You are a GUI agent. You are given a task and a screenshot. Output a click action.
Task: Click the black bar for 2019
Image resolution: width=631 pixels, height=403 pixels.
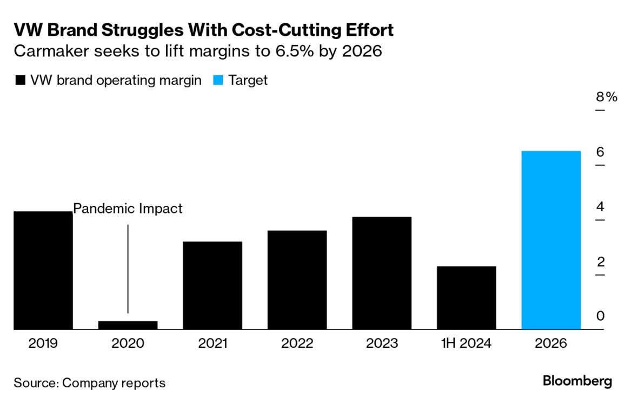coord(43,270)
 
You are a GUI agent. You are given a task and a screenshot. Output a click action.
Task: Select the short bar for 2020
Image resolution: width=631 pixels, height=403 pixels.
coord(128,325)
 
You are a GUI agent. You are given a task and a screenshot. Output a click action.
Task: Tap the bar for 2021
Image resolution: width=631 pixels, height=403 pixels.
coord(212,285)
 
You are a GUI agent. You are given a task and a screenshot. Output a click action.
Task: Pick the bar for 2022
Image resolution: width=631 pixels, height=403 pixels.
coord(297,280)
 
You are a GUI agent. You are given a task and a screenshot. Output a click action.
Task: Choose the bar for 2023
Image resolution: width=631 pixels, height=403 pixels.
coord(382,273)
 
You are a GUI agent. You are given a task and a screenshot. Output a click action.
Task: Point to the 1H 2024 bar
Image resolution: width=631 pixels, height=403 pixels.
coord(466,298)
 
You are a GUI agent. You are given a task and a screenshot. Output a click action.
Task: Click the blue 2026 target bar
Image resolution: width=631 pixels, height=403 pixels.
coord(551,240)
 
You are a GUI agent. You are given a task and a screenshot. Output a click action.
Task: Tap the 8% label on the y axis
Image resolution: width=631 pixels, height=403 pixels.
coord(606,97)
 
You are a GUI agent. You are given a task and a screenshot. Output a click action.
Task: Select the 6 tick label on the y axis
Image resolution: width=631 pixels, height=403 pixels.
coord(600,152)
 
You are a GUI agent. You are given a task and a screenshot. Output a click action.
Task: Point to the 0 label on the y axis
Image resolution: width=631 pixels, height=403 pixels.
coord(600,316)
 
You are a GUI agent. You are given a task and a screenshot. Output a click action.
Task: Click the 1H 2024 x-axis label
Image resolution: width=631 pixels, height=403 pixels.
coord(466,343)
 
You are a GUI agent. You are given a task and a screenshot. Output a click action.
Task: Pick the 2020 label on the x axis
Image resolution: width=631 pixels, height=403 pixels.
coord(128,343)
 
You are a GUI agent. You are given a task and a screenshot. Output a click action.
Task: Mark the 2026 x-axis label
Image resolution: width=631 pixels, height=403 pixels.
coord(551,343)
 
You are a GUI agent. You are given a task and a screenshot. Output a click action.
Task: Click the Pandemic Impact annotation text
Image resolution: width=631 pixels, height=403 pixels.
coord(128,209)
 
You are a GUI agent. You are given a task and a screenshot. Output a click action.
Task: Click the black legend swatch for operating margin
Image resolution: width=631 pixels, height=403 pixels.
coord(21,81)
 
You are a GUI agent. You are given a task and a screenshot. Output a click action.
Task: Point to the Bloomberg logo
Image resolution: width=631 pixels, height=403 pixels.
coord(577,381)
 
